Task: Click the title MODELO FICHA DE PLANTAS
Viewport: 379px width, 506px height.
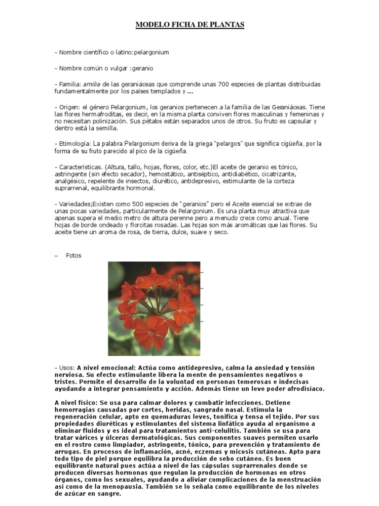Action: click(x=190, y=24)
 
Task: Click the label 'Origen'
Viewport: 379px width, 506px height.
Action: click(x=69, y=107)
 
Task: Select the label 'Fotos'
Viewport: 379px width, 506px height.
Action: click(x=73, y=255)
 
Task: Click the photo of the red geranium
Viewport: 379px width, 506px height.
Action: click(x=154, y=308)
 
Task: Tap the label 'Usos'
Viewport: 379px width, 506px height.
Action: click(x=66, y=368)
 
